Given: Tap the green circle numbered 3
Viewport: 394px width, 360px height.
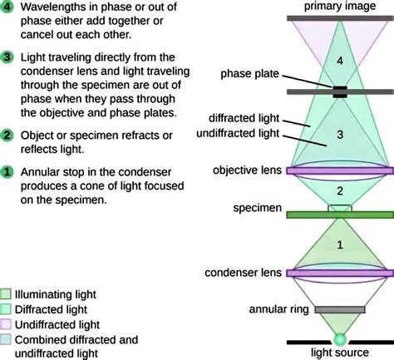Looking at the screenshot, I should click(x=7, y=57).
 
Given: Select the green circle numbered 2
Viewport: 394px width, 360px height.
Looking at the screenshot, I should click(x=7, y=134).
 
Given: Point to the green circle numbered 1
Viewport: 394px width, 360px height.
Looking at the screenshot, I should click(x=7, y=172).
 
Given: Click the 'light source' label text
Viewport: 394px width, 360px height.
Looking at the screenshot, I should click(x=340, y=353).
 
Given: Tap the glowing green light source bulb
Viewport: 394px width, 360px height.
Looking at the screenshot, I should click(x=340, y=338).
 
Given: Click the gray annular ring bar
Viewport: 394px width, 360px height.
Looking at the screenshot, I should click(x=339, y=308).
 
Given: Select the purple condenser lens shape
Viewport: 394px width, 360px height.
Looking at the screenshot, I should click(x=339, y=273).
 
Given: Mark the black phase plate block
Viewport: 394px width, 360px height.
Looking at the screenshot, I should click(x=339, y=91).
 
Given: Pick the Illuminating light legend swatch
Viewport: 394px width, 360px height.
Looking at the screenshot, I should click(x=7, y=293).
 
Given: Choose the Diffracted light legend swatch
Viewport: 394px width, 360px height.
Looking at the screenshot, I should click(x=7, y=308).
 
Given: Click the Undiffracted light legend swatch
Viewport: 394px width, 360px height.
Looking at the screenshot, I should click(x=7, y=324).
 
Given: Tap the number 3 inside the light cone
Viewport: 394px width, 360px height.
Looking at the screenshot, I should click(x=339, y=134).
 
